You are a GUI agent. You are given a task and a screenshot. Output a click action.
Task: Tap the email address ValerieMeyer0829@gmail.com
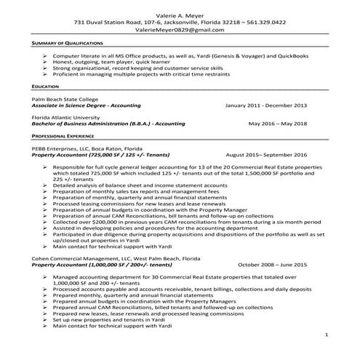tap(180, 31)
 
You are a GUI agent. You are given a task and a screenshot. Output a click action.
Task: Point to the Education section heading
tap(47, 86)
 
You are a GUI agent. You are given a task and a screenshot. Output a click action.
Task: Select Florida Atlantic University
tap(70, 116)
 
